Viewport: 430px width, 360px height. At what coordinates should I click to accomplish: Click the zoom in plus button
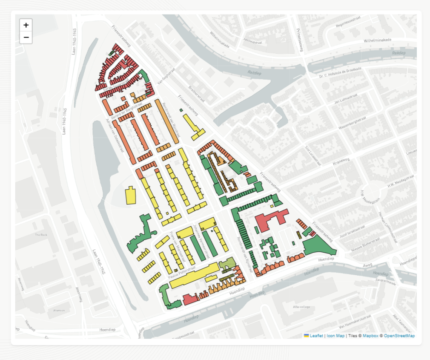pos(26,25)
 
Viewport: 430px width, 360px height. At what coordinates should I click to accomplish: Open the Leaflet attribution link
pos(316,336)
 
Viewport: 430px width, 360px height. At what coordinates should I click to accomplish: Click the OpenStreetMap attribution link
pos(399,336)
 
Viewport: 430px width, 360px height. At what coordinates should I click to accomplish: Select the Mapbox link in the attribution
pos(370,336)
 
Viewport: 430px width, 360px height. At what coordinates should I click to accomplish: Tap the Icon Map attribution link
pos(335,336)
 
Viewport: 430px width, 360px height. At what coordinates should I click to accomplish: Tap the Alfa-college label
pos(301,306)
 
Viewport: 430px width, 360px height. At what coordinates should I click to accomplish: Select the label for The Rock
pos(41,235)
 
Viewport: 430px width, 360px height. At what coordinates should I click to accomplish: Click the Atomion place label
pos(59,310)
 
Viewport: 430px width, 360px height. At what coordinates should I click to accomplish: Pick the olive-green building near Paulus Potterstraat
pos(226,263)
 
